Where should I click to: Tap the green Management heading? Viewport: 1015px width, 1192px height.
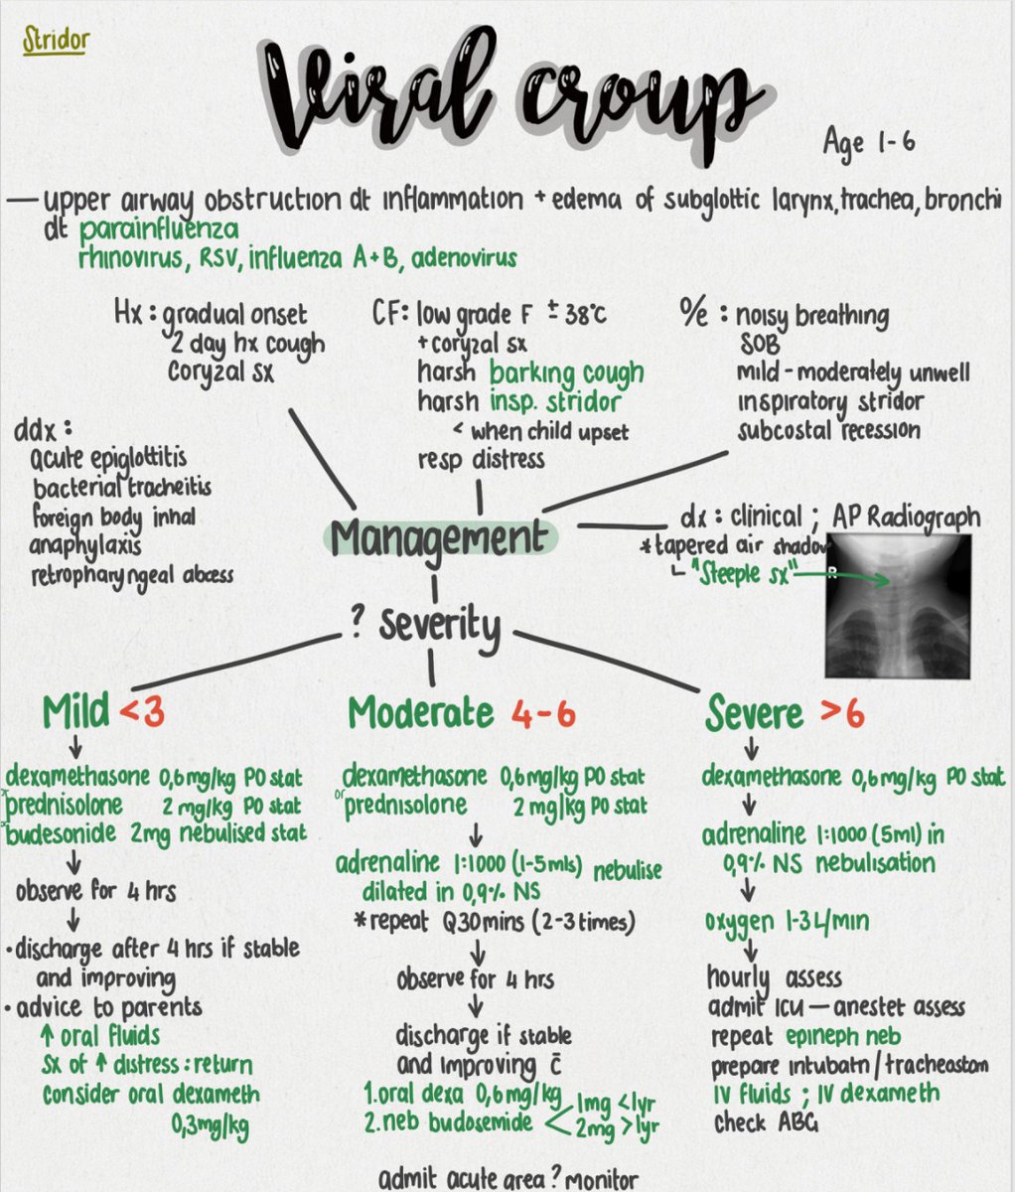[440, 537]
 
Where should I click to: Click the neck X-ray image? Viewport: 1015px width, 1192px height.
[899, 603]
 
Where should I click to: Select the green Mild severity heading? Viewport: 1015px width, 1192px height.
[76, 712]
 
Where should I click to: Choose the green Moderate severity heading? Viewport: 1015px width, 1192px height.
[419, 712]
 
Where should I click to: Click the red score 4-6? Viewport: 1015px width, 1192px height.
[544, 713]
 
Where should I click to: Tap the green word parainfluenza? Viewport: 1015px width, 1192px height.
[159, 230]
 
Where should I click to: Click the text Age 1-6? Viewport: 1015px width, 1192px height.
[868, 142]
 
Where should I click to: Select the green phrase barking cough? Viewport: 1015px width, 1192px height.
[566, 373]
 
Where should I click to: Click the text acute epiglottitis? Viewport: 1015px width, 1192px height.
[108, 460]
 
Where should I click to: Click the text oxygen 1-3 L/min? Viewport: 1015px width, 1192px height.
[787, 921]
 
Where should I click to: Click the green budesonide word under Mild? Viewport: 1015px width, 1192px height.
[63, 834]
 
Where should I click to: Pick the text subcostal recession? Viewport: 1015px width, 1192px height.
[828, 431]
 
